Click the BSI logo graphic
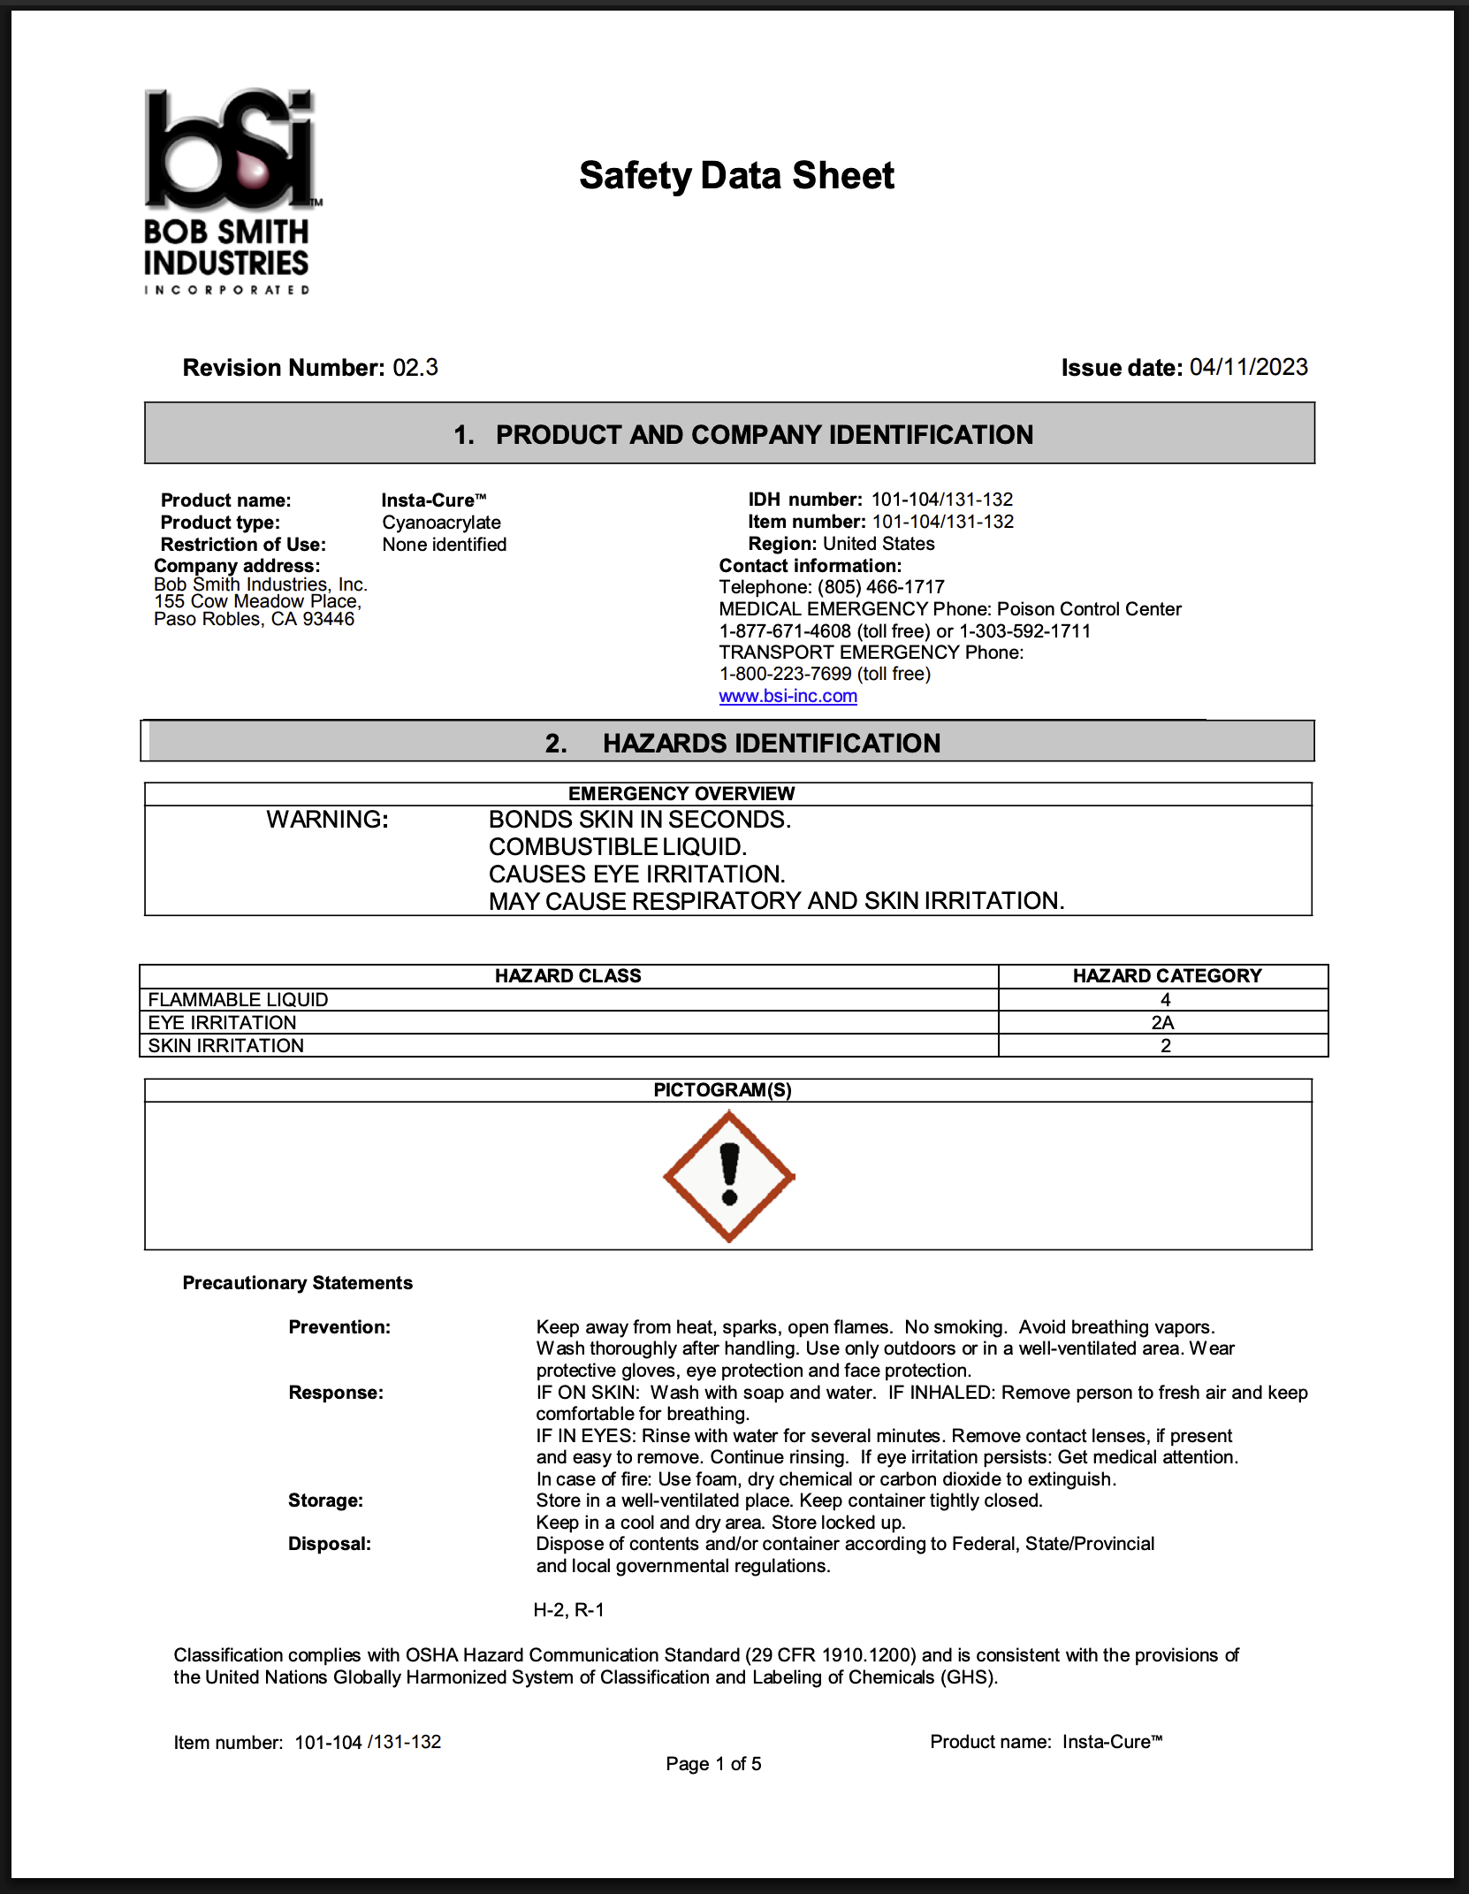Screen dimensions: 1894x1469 (x=230, y=150)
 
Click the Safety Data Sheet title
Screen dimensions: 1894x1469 (x=736, y=175)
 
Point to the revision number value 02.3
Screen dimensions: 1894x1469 (x=415, y=368)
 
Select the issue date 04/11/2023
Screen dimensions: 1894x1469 (x=1248, y=368)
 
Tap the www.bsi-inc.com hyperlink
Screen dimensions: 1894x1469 (x=788, y=696)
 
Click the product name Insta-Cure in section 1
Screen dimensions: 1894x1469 (x=433, y=500)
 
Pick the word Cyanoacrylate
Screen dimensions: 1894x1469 (x=441, y=523)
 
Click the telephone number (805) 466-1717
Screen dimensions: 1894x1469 (x=880, y=587)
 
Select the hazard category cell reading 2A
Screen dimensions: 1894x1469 (x=1162, y=1023)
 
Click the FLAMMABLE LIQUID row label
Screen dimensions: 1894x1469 (x=238, y=1000)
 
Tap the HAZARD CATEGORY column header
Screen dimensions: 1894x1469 (x=1167, y=976)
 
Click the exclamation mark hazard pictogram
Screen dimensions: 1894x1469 (x=729, y=1176)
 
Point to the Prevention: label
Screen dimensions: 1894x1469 (x=339, y=1327)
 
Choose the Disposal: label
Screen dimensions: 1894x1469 (x=330, y=1544)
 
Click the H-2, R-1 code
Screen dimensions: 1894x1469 (x=568, y=1610)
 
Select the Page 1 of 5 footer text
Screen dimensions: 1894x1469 (x=713, y=1764)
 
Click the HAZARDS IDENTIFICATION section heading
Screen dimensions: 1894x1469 (x=771, y=744)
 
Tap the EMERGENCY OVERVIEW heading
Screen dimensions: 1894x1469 (x=681, y=794)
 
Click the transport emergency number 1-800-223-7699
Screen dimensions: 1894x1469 (x=785, y=674)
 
